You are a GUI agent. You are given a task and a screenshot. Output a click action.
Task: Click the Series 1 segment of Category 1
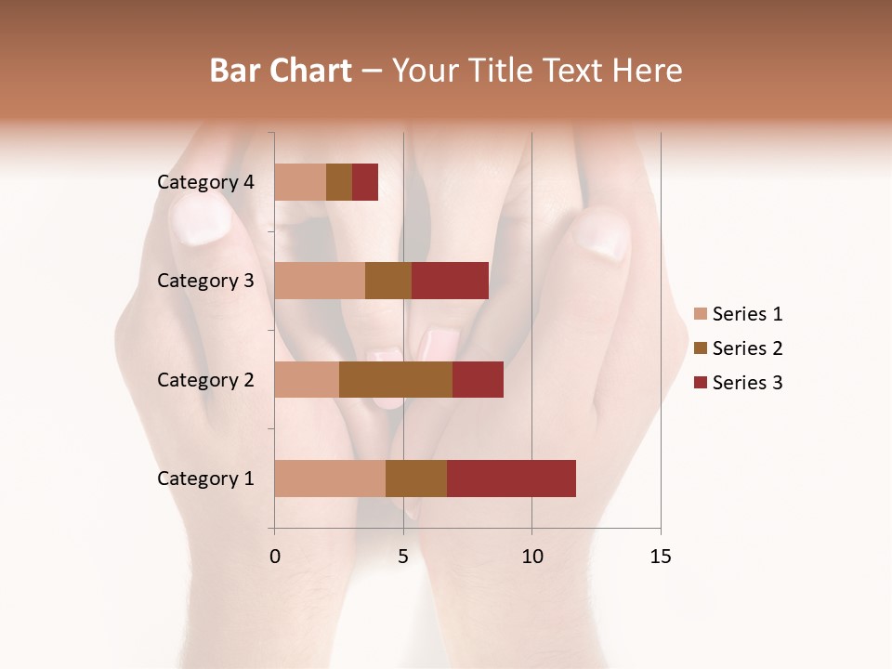coord(330,479)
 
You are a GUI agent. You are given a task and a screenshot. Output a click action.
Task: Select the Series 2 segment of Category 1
coord(416,479)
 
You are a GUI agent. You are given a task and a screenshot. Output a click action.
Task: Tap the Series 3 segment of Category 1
coord(511,479)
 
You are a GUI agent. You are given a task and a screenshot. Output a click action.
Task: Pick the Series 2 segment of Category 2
coord(396,379)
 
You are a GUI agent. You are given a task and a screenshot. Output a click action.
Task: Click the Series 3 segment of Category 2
coord(478,379)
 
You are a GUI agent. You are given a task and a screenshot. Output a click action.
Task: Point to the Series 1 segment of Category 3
coord(320,281)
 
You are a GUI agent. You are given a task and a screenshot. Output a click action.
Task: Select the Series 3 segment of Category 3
coord(450,281)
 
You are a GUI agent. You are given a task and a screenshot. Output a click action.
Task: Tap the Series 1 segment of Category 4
coord(300,182)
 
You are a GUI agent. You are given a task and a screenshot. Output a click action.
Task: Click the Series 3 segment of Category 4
coord(365,182)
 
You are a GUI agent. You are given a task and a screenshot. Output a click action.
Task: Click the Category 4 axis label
coord(205,182)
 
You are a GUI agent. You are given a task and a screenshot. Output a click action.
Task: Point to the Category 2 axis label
coord(205,379)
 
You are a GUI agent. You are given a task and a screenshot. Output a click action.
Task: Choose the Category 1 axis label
coord(205,479)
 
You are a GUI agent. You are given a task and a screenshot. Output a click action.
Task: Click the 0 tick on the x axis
coord(275,557)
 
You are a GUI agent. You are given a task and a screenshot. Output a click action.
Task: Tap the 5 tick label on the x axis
coord(403,557)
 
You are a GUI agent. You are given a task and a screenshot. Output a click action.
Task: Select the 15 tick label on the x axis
coord(660,557)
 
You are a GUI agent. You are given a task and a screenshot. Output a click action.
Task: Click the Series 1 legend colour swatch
coord(701,314)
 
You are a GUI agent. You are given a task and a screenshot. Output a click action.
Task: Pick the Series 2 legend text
coord(747,348)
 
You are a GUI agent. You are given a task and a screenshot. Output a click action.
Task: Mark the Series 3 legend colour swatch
coord(701,383)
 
